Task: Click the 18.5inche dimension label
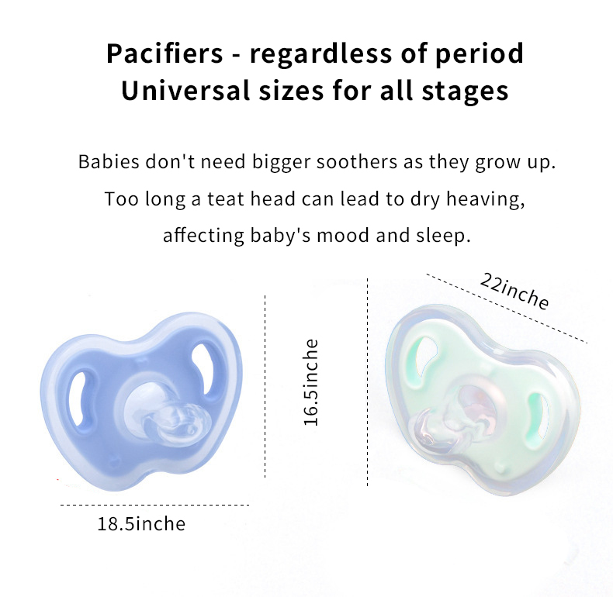(x=141, y=524)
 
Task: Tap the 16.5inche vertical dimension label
(x=310, y=382)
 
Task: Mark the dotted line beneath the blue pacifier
(x=155, y=505)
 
